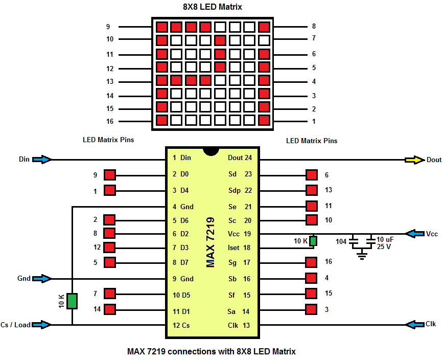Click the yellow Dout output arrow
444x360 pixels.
[x=413, y=160]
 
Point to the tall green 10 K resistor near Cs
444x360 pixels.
[x=72, y=301]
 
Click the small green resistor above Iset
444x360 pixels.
[x=313, y=241]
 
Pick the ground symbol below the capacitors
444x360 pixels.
[x=363, y=254]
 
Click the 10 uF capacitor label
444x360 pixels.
[x=385, y=239]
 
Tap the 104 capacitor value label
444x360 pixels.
[x=341, y=241]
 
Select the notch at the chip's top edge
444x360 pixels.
[x=209, y=151]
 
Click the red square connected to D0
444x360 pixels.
[x=110, y=175]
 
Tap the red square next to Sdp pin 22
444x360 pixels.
[x=311, y=190]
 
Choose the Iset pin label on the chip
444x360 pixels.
[x=233, y=247]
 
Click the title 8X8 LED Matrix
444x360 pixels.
[x=212, y=7]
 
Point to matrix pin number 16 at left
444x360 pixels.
[x=110, y=121]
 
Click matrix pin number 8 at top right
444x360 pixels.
[x=313, y=26]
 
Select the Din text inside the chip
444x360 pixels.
[x=185, y=158]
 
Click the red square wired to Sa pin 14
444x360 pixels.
[x=311, y=309]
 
